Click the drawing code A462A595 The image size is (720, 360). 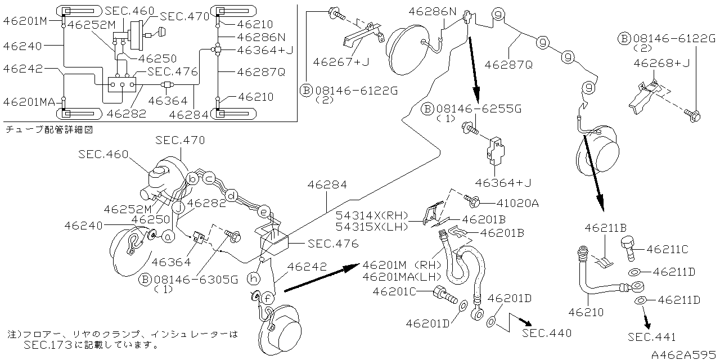click(683, 354)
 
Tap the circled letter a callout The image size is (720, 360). click(167, 237)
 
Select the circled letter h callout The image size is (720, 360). click(254, 278)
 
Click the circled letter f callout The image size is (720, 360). click(268, 297)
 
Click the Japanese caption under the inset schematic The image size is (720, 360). click(48, 129)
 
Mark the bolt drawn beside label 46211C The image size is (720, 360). click(629, 248)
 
